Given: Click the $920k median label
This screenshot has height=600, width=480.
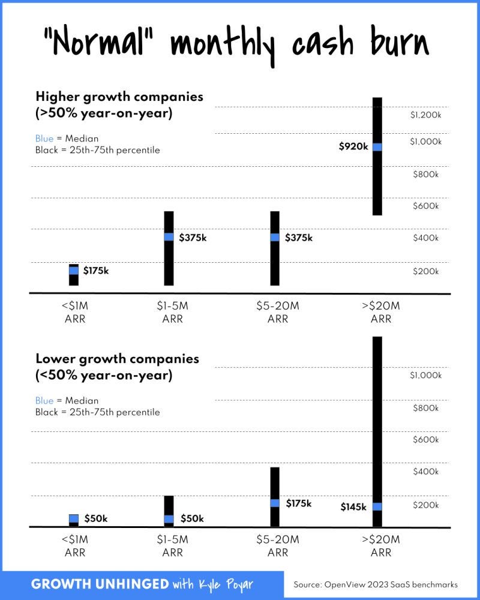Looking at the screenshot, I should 353,146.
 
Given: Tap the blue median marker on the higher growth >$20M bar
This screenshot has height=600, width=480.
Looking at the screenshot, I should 377,146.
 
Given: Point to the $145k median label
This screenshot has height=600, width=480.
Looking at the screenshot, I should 353,507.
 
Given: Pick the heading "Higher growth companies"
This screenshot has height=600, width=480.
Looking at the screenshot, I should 119,96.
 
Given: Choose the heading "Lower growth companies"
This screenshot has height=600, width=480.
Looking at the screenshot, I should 118,359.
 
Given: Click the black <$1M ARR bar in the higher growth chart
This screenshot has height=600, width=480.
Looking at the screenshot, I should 74,279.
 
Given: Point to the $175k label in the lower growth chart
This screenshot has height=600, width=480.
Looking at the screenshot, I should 299,503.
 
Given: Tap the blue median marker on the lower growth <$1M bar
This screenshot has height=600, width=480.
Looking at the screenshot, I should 74,518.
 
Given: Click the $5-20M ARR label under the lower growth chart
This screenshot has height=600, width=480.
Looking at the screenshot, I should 278,545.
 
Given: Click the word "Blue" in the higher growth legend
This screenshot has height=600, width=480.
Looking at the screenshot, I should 44,139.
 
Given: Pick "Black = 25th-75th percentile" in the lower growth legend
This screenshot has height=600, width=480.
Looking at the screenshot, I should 98,412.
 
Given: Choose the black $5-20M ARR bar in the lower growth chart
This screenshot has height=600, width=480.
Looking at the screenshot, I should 275,480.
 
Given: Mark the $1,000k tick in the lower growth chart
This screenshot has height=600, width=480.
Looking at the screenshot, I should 426,376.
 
